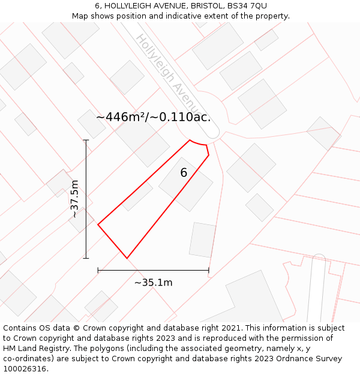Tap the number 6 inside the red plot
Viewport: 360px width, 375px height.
coord(184,173)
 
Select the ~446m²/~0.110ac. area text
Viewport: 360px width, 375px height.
coord(154,117)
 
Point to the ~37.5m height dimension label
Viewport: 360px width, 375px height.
coord(74,199)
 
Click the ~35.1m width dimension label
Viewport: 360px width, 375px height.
coord(153,283)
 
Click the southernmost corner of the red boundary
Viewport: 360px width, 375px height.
coord(127,258)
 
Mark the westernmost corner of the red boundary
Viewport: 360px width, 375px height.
coord(98,225)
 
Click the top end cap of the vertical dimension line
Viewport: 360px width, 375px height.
coord(86,140)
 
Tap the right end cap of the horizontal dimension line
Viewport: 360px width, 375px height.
coord(209,271)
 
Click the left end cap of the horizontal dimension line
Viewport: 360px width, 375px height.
coord(98,271)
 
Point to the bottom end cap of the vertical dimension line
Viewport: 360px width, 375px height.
coord(86,259)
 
